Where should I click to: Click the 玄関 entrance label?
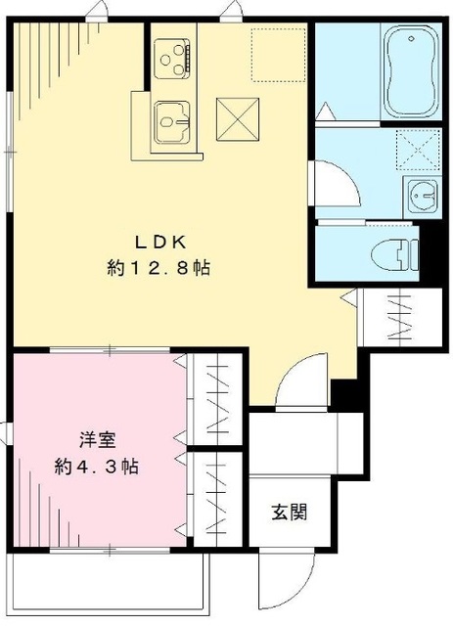tap(290, 512)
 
